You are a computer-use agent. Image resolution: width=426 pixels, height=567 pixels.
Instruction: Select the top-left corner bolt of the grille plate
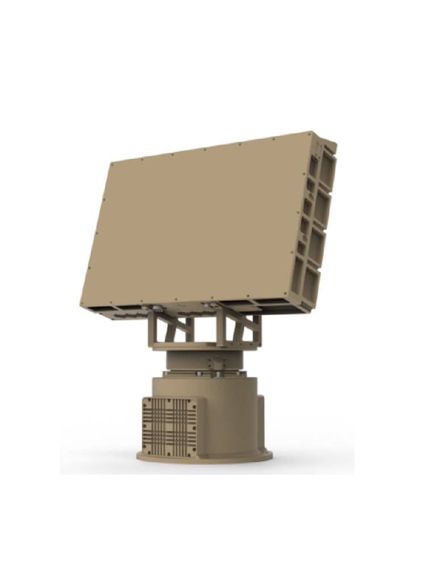point(145,401)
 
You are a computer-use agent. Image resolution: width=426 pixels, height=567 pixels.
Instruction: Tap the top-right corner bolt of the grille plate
point(193,403)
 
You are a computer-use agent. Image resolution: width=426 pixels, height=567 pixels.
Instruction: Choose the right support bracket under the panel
point(239,328)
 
